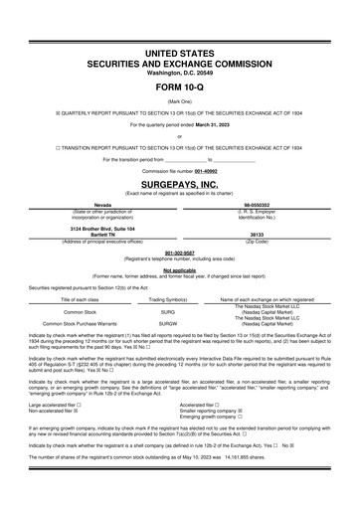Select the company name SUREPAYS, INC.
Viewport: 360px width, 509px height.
tap(179, 185)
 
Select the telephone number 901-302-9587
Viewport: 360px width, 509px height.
tap(179, 253)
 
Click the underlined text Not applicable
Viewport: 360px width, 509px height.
tap(179, 268)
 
